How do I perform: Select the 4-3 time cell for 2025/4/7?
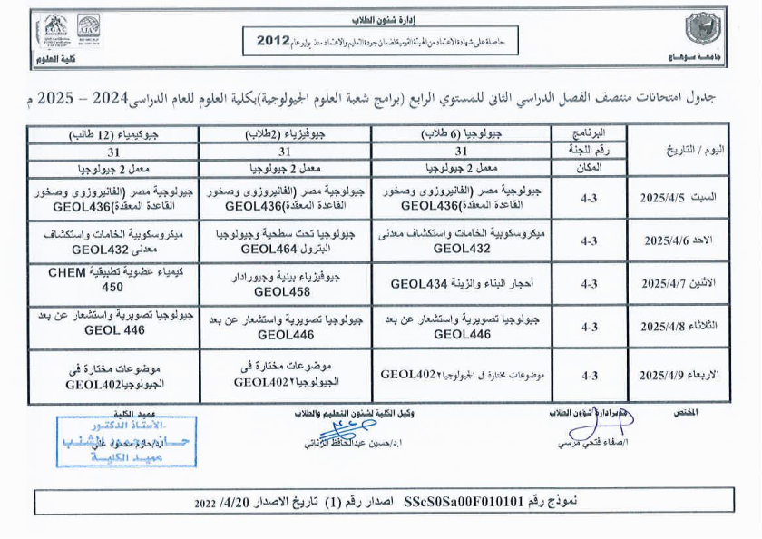pyautogui.click(x=590, y=284)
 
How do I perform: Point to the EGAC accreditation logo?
pyautogui.click(x=54, y=29)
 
